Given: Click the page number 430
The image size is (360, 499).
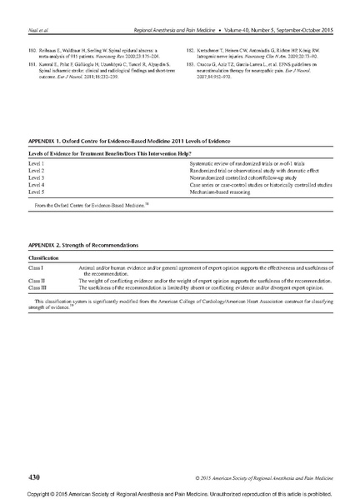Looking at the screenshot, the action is (x=33, y=477).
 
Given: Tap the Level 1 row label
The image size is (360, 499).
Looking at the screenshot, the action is (x=36, y=165).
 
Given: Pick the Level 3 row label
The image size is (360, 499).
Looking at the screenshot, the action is (x=36, y=178).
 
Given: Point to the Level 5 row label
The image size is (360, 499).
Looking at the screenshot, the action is (x=36, y=192).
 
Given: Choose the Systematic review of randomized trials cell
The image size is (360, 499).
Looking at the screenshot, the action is (x=242, y=165).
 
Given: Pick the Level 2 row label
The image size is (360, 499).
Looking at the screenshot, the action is (x=36, y=172).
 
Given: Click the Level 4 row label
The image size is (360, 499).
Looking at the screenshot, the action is (x=36, y=185).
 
